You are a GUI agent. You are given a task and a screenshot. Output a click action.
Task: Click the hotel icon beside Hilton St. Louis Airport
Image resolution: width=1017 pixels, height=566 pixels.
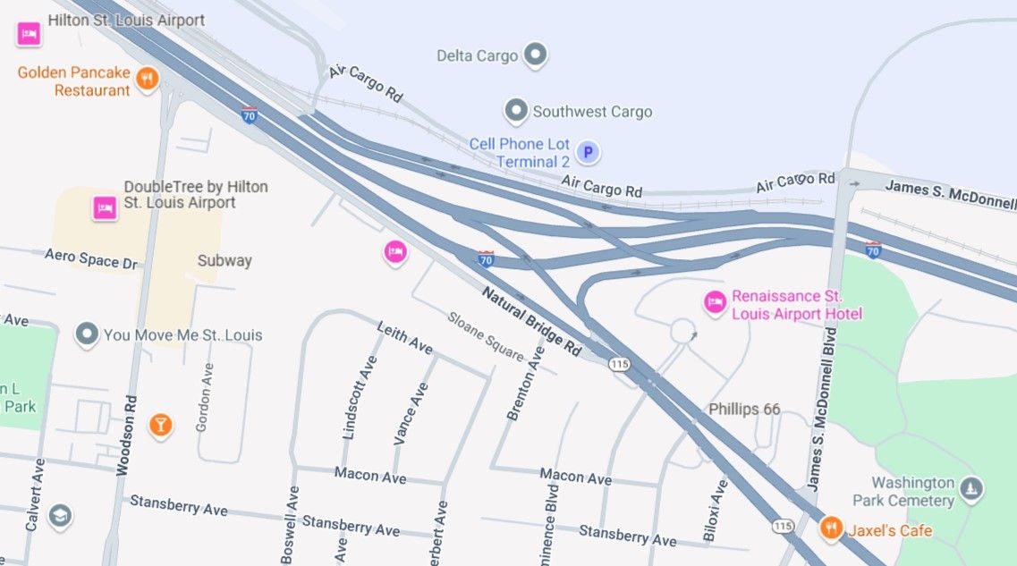pyautogui.click(x=28, y=35)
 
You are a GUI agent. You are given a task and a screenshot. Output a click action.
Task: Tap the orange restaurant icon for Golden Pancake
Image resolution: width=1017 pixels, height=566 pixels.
pyautogui.click(x=148, y=80)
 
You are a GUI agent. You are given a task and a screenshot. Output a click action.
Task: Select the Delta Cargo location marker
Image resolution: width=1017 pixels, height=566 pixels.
pyautogui.click(x=535, y=55)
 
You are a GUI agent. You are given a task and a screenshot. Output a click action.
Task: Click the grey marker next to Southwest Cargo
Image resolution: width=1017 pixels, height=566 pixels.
pyautogui.click(x=515, y=112)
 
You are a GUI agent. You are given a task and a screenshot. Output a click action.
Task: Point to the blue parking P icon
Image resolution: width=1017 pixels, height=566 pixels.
pyautogui.click(x=588, y=153)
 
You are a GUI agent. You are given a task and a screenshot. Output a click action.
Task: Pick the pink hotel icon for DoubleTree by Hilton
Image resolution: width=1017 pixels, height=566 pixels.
pyautogui.click(x=105, y=208)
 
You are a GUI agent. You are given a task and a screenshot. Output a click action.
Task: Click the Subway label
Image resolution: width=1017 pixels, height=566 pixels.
pyautogui.click(x=225, y=261)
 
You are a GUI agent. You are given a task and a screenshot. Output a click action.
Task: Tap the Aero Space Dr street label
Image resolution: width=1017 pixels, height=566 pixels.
pyautogui.click(x=93, y=259)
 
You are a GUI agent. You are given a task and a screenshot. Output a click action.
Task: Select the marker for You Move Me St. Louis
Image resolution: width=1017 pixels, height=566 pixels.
pyautogui.click(x=87, y=335)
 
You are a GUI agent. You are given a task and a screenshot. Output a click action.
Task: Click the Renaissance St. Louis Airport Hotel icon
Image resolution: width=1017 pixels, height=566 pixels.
pyautogui.click(x=714, y=303)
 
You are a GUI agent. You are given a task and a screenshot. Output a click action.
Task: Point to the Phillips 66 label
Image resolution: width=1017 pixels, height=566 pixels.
pyautogui.click(x=744, y=410)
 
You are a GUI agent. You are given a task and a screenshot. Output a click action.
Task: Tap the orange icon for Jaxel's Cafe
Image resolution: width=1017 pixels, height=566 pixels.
pyautogui.click(x=831, y=528)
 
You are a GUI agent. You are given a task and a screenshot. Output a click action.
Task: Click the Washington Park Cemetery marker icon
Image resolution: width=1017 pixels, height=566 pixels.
pyautogui.click(x=971, y=489)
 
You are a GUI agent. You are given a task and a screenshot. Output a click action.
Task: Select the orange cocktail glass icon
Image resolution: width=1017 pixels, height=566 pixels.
pyautogui.click(x=160, y=425)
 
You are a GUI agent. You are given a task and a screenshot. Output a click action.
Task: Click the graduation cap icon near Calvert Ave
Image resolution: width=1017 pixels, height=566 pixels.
pyautogui.click(x=60, y=516)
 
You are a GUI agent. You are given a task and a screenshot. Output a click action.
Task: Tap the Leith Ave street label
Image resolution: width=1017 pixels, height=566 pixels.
pyautogui.click(x=405, y=338)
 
